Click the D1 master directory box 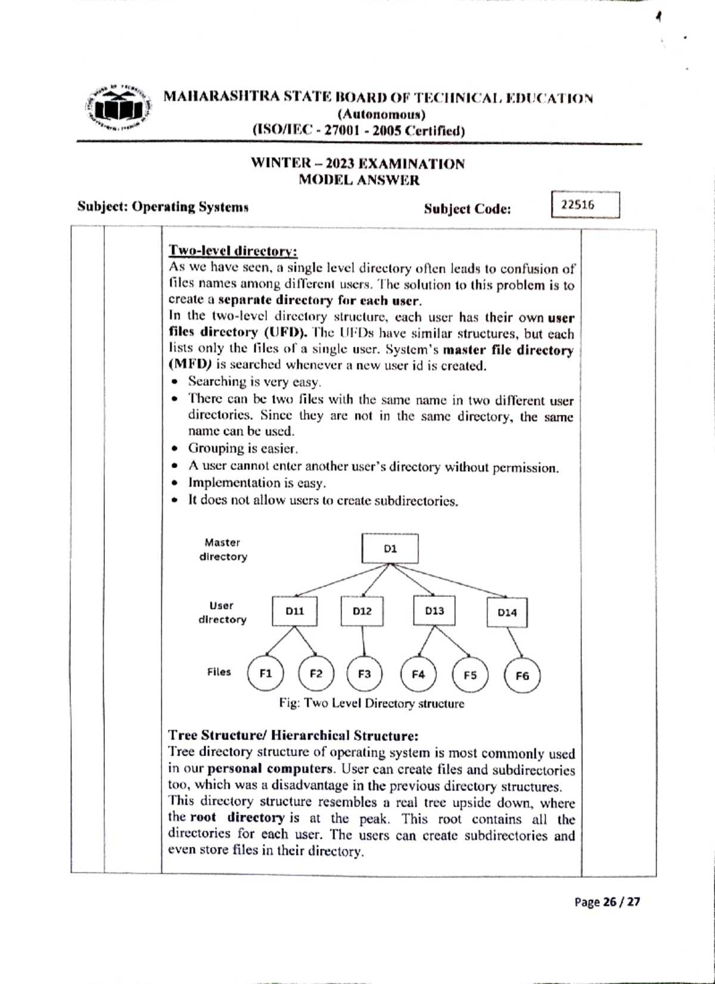(390, 549)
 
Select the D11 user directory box (294, 611)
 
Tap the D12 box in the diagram (362, 611)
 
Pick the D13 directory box (434, 611)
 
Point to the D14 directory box (507, 612)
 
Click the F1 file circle (266, 674)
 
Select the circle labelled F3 (364, 674)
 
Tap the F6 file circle (522, 675)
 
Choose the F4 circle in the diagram (418, 674)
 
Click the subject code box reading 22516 (586, 205)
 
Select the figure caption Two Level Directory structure (372, 703)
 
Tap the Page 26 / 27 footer (607, 902)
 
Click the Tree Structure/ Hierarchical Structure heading (294, 735)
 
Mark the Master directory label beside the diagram (222, 549)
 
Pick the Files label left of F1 (219, 672)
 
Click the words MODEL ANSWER (359, 180)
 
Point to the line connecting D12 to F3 (363, 641)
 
